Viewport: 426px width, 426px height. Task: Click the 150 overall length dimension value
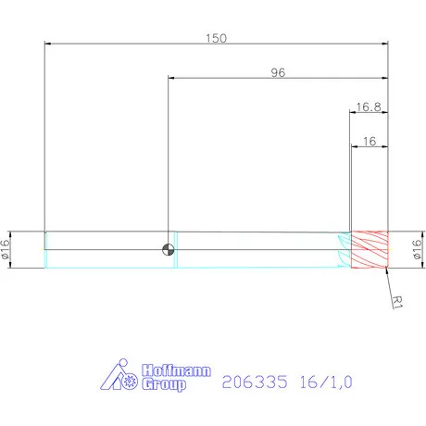tap(215, 39)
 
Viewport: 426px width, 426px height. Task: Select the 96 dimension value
tap(277, 73)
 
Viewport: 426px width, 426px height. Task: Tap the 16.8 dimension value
tap(369, 107)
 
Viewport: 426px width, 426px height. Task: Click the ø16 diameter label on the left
tap(6, 248)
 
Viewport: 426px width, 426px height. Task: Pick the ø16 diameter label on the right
tap(416, 248)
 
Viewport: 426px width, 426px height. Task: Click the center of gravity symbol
tap(168, 248)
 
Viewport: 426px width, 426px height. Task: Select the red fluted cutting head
tap(369, 248)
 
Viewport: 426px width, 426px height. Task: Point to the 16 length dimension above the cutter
tap(369, 142)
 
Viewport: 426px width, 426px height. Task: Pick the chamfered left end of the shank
tap(47, 248)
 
